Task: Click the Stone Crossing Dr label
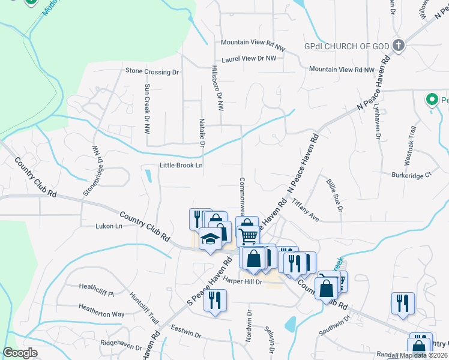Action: pos(152,71)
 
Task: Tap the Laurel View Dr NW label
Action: pos(249,59)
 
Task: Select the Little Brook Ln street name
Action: pos(181,166)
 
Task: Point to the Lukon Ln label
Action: pos(109,226)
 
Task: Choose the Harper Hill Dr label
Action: pos(243,281)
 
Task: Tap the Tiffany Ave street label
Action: pos(306,211)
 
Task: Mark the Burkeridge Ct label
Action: pos(411,175)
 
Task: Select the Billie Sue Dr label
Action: pos(334,194)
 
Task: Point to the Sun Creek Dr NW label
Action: pos(147,108)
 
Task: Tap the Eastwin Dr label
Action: pos(184,329)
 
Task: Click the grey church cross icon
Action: pos(397,45)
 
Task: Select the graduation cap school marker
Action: pos(209,239)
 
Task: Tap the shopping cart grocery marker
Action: pos(248,235)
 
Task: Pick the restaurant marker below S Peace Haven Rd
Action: pos(215,299)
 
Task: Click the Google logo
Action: pos(20,353)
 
